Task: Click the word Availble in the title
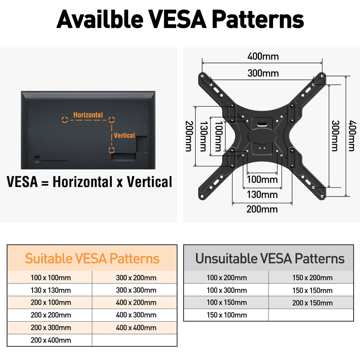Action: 100,19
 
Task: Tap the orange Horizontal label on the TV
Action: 88,115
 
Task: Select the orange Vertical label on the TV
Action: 124,135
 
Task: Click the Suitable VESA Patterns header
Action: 92,258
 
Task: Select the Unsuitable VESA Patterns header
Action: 270,258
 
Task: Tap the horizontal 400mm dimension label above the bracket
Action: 263,56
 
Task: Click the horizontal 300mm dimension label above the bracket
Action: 263,73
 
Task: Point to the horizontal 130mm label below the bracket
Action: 262,195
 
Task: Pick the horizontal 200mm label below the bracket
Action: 262,209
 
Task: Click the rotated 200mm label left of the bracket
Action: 189,136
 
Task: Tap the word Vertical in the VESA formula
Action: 149,182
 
